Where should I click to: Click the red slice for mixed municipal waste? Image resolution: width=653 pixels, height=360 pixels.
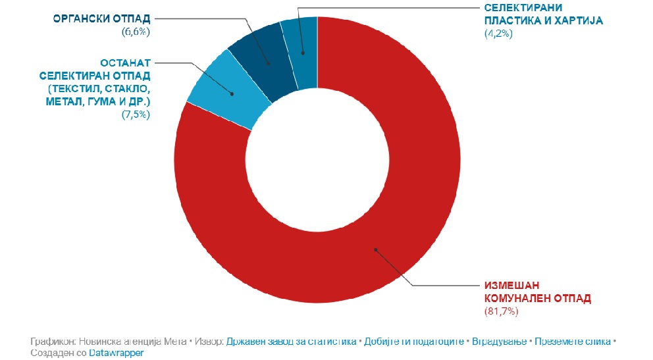(x=395, y=217)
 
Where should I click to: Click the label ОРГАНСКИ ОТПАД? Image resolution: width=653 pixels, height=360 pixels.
(x=103, y=18)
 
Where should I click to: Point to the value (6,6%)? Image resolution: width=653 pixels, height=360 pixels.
(x=136, y=31)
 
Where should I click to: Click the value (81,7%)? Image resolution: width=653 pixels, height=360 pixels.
(x=502, y=311)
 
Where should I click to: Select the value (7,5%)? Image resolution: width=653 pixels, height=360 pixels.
(x=136, y=115)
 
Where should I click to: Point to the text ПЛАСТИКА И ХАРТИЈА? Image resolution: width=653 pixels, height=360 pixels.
(x=543, y=20)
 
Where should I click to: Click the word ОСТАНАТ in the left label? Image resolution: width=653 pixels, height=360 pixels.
(x=126, y=64)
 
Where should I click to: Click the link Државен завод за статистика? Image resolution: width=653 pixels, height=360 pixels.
(x=292, y=342)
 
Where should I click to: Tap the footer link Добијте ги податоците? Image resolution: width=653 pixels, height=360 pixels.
(x=412, y=342)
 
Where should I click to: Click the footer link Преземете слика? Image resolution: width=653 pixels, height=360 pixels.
(x=573, y=342)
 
